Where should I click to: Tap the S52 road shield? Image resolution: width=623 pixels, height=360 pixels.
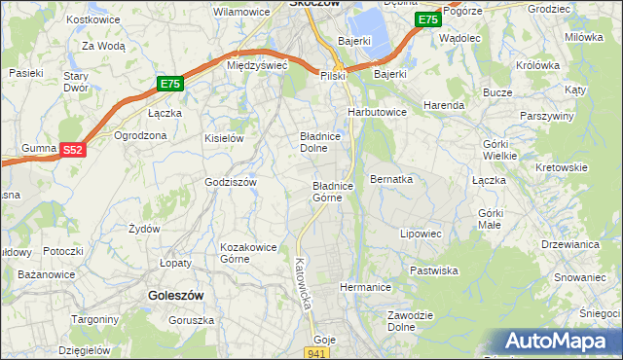tap(73, 150)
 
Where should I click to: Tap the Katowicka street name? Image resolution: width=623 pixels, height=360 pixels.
tap(303, 283)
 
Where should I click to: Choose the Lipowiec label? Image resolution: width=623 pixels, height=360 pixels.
tap(421, 234)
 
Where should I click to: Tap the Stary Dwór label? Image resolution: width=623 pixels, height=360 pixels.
tap(76, 82)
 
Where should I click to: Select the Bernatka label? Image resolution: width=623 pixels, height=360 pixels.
tap(392, 180)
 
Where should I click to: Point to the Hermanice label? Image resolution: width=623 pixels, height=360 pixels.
tap(365, 288)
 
